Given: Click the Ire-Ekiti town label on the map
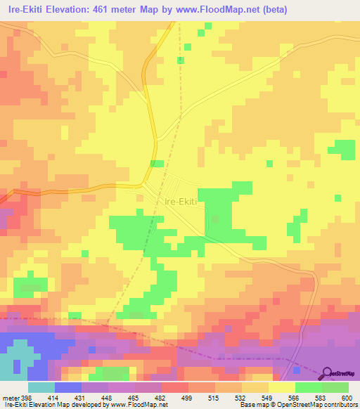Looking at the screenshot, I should coord(182,201).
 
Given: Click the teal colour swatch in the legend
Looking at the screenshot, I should coord(41,387).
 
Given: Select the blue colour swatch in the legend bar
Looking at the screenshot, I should coord(68,387).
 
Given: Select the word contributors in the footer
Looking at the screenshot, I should coord(340,404).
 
